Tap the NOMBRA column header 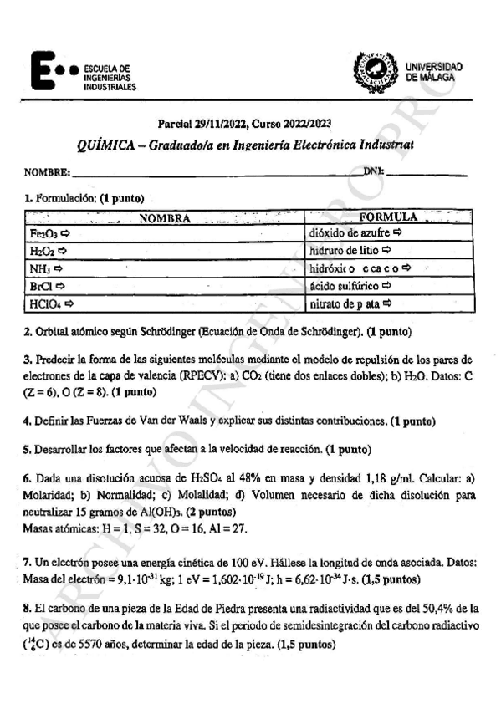(x=165, y=219)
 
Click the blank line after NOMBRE (x=217, y=175)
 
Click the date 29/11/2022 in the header (x=222, y=122)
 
